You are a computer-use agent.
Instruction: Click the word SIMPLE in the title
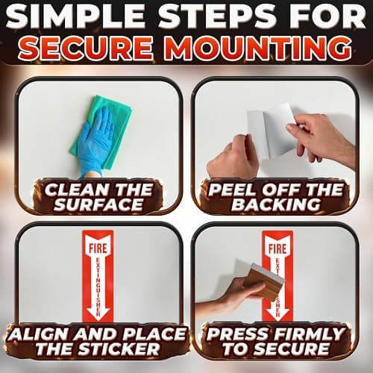tap(75, 17)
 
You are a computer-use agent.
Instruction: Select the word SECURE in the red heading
tap(86, 48)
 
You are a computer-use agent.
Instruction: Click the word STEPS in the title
tap(219, 17)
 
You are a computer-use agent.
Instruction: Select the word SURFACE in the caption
tap(98, 205)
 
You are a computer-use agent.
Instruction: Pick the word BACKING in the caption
tap(275, 205)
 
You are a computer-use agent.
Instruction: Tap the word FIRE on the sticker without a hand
tap(98, 248)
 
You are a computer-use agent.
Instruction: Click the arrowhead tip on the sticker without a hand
tap(98, 320)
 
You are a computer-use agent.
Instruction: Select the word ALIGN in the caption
tap(38, 334)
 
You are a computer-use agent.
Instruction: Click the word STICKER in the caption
tap(119, 349)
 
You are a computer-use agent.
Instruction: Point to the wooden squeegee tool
tap(263, 281)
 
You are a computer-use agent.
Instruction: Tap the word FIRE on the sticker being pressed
tap(278, 248)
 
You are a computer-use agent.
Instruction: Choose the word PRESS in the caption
tap(236, 334)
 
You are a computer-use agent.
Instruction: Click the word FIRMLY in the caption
tap(307, 334)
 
